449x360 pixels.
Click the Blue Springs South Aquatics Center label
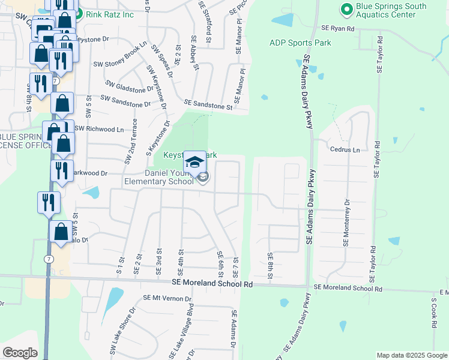click(x=391, y=11)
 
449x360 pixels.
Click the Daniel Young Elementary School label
click(x=158, y=176)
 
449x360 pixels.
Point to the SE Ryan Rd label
click(x=338, y=28)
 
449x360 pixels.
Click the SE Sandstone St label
click(x=208, y=106)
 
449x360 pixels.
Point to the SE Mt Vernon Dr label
click(x=167, y=298)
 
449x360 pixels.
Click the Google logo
click(x=20, y=353)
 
